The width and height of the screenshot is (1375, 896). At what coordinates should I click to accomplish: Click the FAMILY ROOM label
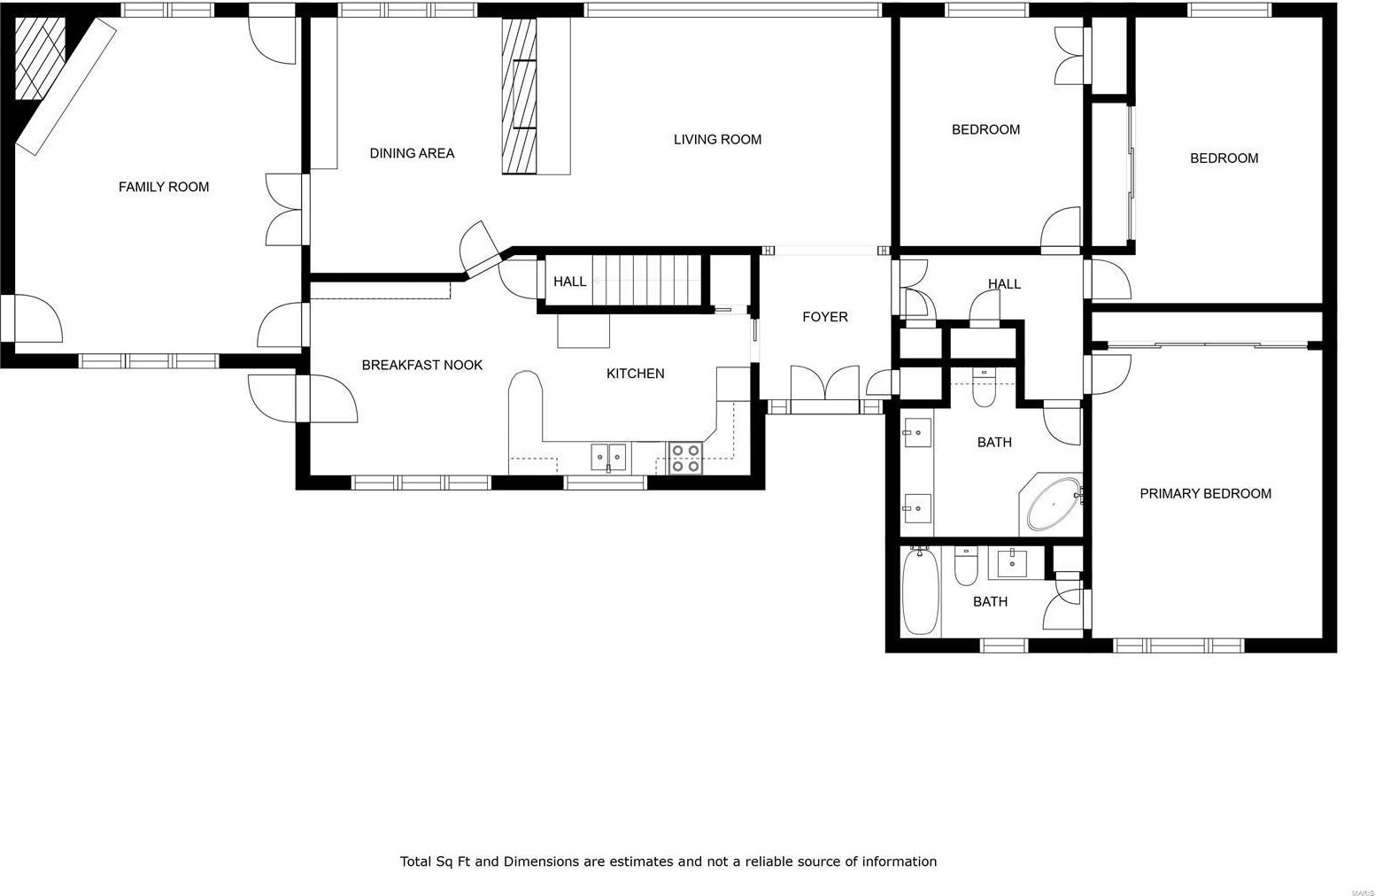163,187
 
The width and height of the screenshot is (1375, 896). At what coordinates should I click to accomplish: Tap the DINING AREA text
412,153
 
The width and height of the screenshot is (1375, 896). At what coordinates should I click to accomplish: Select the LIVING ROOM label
717,139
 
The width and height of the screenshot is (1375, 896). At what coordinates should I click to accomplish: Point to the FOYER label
825,317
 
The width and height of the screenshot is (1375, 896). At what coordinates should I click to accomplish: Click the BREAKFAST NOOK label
422,365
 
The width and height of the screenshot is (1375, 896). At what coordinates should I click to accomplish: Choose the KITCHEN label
636,373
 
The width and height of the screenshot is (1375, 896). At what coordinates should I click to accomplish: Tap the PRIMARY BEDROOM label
1206,493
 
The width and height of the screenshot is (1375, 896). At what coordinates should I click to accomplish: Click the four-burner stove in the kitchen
685,459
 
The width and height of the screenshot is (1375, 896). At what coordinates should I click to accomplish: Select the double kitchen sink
608,458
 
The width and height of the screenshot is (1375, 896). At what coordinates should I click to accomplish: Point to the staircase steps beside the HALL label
645,281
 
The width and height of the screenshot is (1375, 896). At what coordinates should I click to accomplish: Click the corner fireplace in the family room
40,58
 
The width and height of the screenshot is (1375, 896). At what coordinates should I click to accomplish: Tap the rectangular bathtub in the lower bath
921,591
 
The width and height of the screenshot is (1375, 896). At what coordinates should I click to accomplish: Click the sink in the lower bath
1012,563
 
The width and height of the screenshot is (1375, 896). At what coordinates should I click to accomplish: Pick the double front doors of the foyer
824,383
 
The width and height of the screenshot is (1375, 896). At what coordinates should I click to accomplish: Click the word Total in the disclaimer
416,861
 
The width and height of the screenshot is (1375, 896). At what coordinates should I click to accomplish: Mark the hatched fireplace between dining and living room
520,96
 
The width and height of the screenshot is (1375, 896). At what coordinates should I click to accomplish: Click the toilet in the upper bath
984,389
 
